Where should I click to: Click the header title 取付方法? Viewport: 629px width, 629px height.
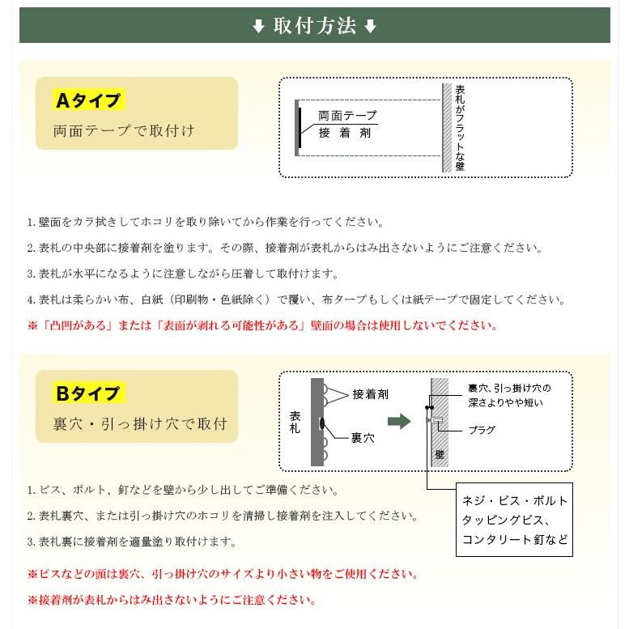[x=315, y=26]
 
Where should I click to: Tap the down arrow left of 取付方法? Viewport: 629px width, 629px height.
[x=258, y=27]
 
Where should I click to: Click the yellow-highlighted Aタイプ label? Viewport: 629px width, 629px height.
[x=88, y=100]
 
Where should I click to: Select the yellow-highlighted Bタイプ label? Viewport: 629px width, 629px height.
[x=88, y=394]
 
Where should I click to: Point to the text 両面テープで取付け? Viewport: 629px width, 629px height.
[x=124, y=130]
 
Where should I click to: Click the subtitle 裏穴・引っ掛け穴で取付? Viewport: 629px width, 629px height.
[x=139, y=423]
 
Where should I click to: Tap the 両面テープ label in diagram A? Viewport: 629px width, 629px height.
[x=347, y=116]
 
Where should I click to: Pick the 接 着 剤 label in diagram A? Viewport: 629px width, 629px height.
[x=345, y=133]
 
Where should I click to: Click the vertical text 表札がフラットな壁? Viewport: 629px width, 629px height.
[x=460, y=128]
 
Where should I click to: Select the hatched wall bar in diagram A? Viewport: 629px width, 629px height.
[x=446, y=128]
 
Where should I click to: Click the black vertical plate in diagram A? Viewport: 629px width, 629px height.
[x=299, y=128]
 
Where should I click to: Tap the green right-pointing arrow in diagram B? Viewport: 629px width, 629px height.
[x=399, y=421]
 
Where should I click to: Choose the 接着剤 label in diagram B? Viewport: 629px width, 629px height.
[x=371, y=394]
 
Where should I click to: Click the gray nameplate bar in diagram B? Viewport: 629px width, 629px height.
[x=317, y=421]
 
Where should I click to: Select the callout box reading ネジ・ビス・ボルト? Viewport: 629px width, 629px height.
[x=514, y=520]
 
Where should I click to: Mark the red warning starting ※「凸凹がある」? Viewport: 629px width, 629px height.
[x=262, y=325]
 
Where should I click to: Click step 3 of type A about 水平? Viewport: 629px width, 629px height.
[x=183, y=274]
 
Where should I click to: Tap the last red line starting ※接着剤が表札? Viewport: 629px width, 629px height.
[x=171, y=600]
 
